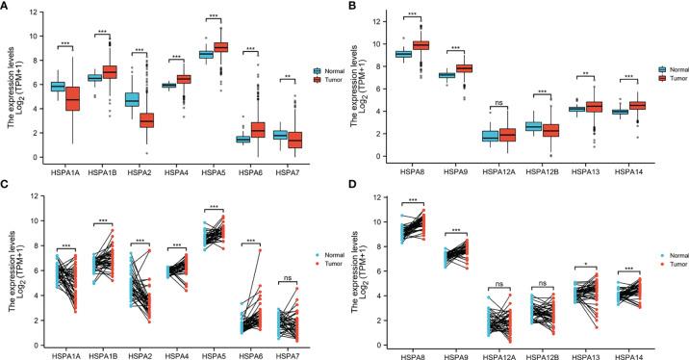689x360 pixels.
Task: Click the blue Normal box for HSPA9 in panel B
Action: point(447,75)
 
